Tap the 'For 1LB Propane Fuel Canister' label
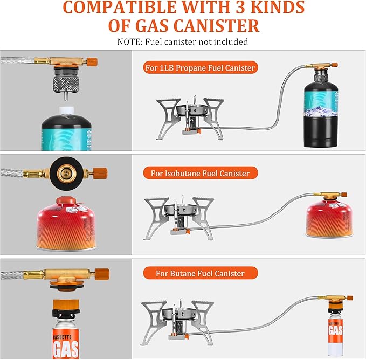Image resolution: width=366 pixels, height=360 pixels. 199,68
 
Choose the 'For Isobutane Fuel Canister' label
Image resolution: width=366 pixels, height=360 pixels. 200,173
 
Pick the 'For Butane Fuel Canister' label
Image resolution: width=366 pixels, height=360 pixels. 200,273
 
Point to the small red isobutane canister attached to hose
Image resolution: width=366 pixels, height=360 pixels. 326,219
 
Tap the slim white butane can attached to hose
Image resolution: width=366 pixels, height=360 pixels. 335,329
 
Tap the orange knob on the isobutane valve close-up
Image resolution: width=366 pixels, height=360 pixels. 100,173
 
